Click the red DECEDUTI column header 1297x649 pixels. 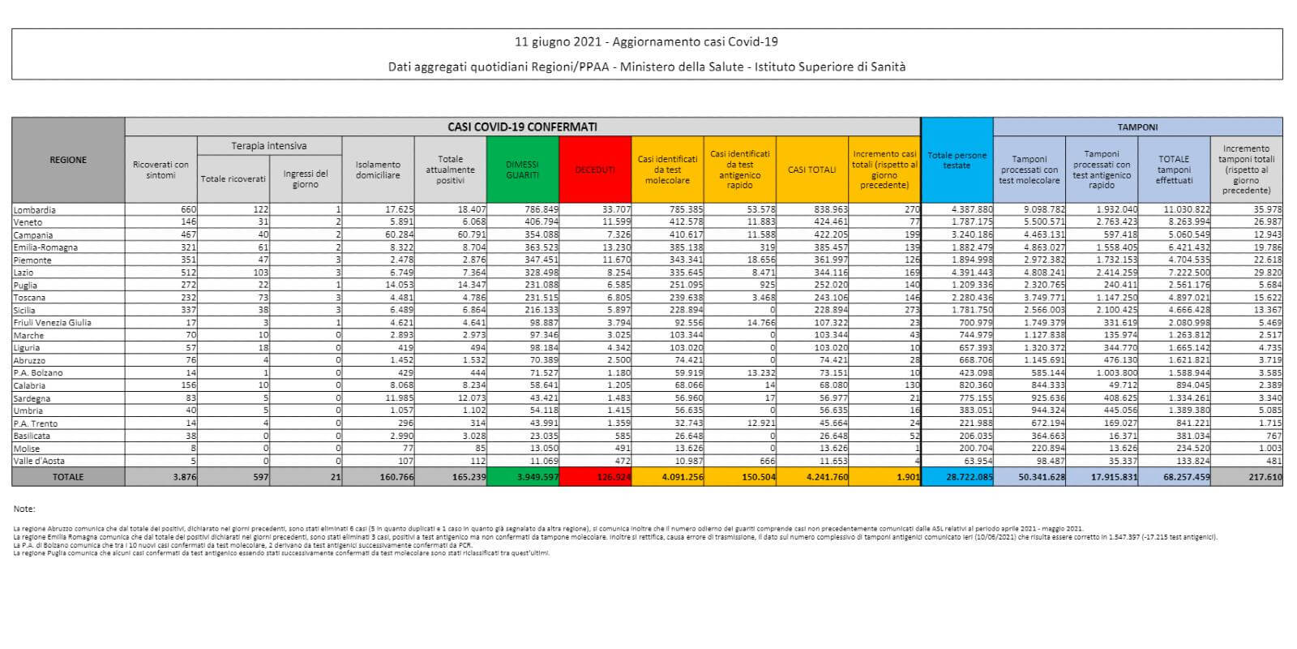coord(595,170)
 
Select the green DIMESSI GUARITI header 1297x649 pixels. coord(522,170)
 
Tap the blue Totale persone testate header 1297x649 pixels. coord(957,160)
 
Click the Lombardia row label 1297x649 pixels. coord(35,209)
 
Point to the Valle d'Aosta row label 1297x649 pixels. coord(39,462)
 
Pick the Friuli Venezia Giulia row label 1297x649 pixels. coord(53,323)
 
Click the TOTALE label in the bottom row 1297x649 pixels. coord(68,477)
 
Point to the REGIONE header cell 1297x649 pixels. coord(68,160)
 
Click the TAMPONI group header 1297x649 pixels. coord(1137,127)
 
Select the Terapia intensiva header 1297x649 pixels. coord(269,146)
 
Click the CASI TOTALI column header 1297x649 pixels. coord(811,170)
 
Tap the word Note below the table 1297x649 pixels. coord(24,509)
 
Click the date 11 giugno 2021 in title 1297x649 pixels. coord(559,42)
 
